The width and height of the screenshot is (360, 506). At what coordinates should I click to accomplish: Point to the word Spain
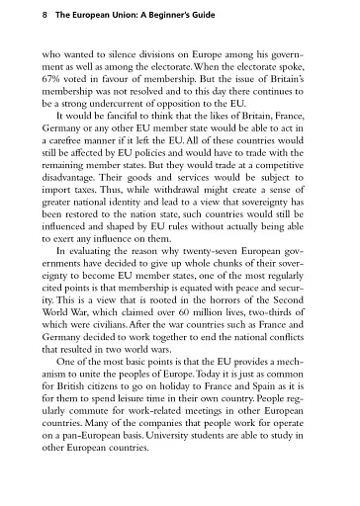point(271,440)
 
